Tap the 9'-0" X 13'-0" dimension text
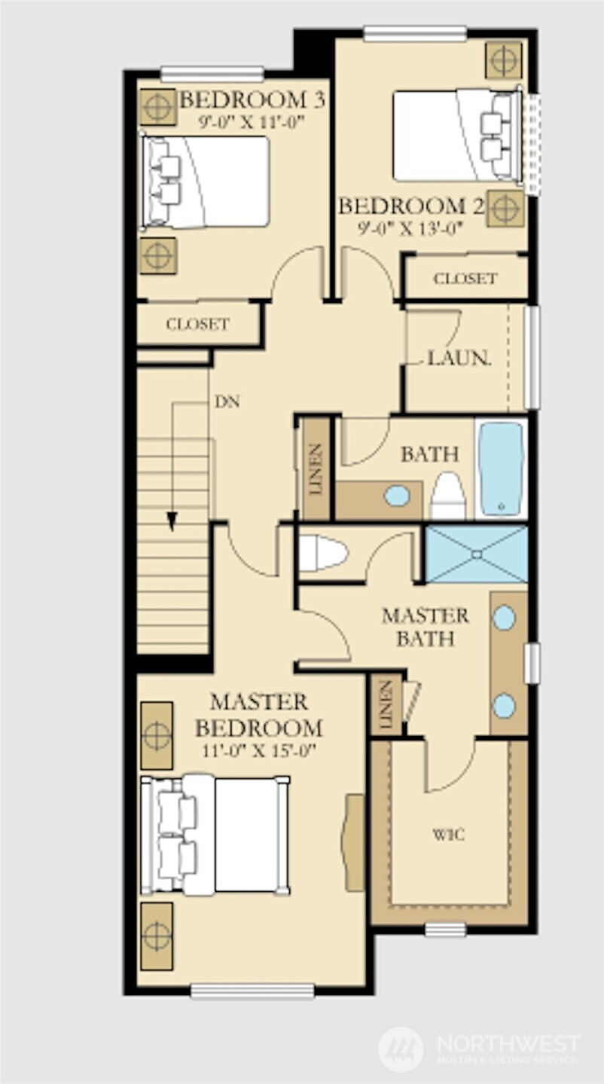[x=410, y=228]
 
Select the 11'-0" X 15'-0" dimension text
[x=259, y=750]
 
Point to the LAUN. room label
[x=459, y=358]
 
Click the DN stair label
[x=227, y=402]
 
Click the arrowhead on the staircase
[x=172, y=521]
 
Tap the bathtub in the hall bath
[x=501, y=468]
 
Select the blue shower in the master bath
[x=477, y=554]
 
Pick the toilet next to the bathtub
[x=448, y=496]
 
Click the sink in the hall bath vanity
[x=398, y=496]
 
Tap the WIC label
[x=448, y=835]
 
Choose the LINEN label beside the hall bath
[x=316, y=469]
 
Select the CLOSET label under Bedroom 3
[x=197, y=324]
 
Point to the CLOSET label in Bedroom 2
[x=465, y=278]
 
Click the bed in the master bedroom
[x=215, y=835]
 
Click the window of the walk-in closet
[x=446, y=929]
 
